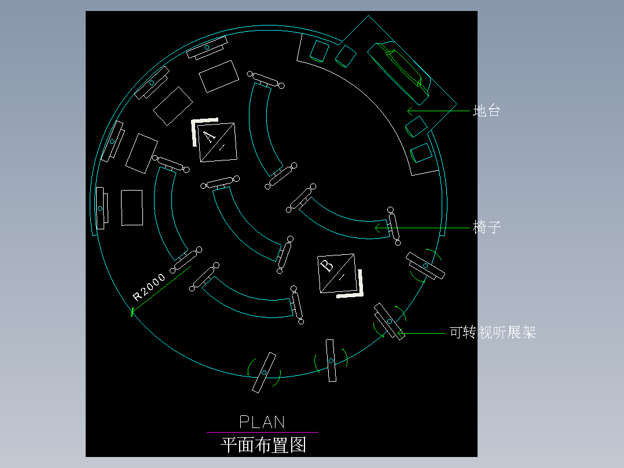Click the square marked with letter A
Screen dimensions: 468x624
pos(217,142)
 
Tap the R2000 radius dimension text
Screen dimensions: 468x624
pos(149,287)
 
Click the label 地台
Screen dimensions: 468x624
pos(486,111)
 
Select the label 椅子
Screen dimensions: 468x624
pos(486,228)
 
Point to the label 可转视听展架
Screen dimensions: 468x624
pos(493,332)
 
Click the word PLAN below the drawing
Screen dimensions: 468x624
pos(262,422)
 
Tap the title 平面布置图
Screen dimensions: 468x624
pos(263,445)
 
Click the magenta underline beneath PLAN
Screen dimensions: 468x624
pos(262,432)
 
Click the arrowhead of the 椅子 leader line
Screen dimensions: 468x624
pos(378,228)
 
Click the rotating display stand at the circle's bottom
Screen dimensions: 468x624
pos(263,372)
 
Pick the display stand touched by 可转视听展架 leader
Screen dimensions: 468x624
pos(389,321)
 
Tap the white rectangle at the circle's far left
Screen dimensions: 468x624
pos(132,207)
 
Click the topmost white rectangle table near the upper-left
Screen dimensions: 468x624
pos(219,76)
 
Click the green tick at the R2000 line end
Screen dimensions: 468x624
pos(133,313)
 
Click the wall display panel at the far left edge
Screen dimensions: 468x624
pos(100,208)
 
